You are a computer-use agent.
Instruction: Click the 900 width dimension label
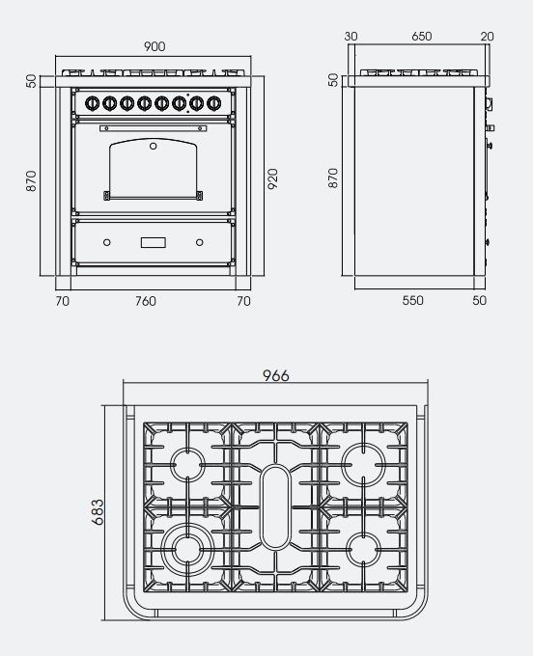pyautogui.click(x=154, y=46)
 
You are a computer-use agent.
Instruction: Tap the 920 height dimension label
pyautogui.click(x=272, y=178)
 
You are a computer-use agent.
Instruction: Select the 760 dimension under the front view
pyautogui.click(x=145, y=301)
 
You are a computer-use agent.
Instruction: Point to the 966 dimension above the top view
pyautogui.click(x=276, y=375)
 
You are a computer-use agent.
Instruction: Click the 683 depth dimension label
pyautogui.click(x=98, y=511)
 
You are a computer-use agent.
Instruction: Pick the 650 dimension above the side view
pyautogui.click(x=421, y=37)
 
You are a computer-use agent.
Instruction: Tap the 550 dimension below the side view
pyautogui.click(x=413, y=300)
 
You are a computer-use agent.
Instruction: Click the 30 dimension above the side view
pyautogui.click(x=351, y=37)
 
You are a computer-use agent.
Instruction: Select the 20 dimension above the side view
pyautogui.click(x=487, y=37)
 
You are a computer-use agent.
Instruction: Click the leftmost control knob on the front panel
pyautogui.click(x=92, y=103)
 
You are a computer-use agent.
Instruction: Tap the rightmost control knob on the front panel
pyautogui.click(x=214, y=102)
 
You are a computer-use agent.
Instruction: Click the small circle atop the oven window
pyautogui.click(x=154, y=146)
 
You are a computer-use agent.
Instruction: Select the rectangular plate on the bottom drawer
pyautogui.click(x=154, y=242)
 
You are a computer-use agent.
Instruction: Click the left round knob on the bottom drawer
pyautogui.click(x=107, y=242)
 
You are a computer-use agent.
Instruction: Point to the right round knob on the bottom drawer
pyautogui.click(x=200, y=242)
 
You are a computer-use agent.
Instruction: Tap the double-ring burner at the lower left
pyautogui.click(x=187, y=549)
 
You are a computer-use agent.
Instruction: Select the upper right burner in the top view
pyautogui.click(x=363, y=465)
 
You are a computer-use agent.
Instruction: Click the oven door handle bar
pyautogui.click(x=154, y=128)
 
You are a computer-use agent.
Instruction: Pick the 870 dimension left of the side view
pyautogui.click(x=333, y=178)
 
